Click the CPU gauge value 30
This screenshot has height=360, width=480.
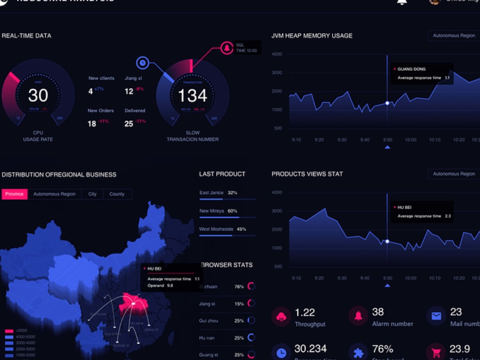(38, 95)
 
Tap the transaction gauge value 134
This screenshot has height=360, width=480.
(192, 96)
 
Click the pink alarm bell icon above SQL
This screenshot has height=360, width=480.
(226, 48)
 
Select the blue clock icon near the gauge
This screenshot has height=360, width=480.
(143, 62)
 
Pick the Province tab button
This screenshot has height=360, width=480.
(14, 194)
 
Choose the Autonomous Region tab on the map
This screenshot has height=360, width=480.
(54, 194)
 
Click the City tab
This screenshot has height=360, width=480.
(92, 194)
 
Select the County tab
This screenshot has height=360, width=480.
(117, 194)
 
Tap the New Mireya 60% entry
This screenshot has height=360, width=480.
(218, 211)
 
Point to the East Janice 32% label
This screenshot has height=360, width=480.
(218, 192)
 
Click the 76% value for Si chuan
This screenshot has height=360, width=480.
(239, 287)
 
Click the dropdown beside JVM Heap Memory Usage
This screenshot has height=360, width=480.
(454, 36)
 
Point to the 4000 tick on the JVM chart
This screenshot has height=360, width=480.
(277, 54)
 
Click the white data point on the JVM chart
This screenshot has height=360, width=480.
(387, 103)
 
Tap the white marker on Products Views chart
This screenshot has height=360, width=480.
(387, 241)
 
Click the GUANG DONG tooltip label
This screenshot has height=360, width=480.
(411, 69)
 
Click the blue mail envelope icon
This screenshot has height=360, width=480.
(436, 316)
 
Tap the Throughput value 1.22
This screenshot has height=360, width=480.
(305, 312)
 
